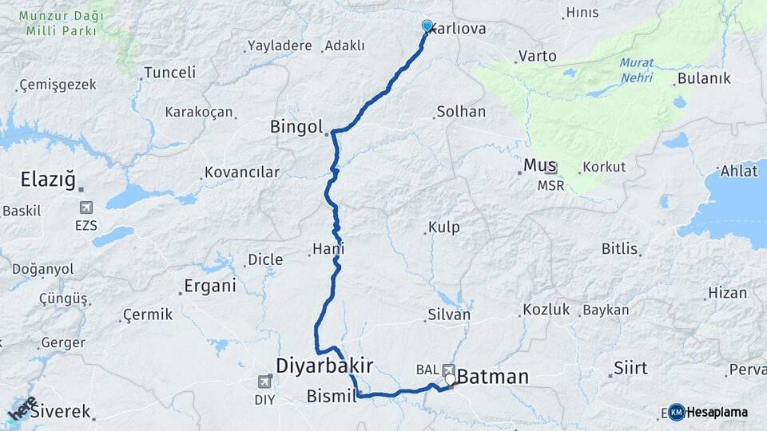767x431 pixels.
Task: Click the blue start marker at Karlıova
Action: [427, 26]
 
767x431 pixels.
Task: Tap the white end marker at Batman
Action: [450, 380]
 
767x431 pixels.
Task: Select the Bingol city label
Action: [296, 127]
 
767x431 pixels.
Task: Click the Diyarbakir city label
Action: [324, 366]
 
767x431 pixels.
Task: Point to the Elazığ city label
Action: [48, 181]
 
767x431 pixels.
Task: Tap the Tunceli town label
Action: [170, 73]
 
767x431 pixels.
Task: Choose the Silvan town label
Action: [449, 314]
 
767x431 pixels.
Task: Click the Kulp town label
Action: [443, 227]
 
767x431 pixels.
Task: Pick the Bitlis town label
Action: [619, 248]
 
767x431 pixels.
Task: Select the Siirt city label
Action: [630, 368]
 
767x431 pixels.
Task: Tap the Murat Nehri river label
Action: [636, 70]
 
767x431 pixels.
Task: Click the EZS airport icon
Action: [85, 209]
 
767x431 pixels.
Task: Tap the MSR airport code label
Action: [550, 185]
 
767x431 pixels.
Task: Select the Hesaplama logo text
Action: [717, 412]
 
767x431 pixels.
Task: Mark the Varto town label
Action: [537, 57]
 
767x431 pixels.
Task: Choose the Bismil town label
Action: [331, 396]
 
